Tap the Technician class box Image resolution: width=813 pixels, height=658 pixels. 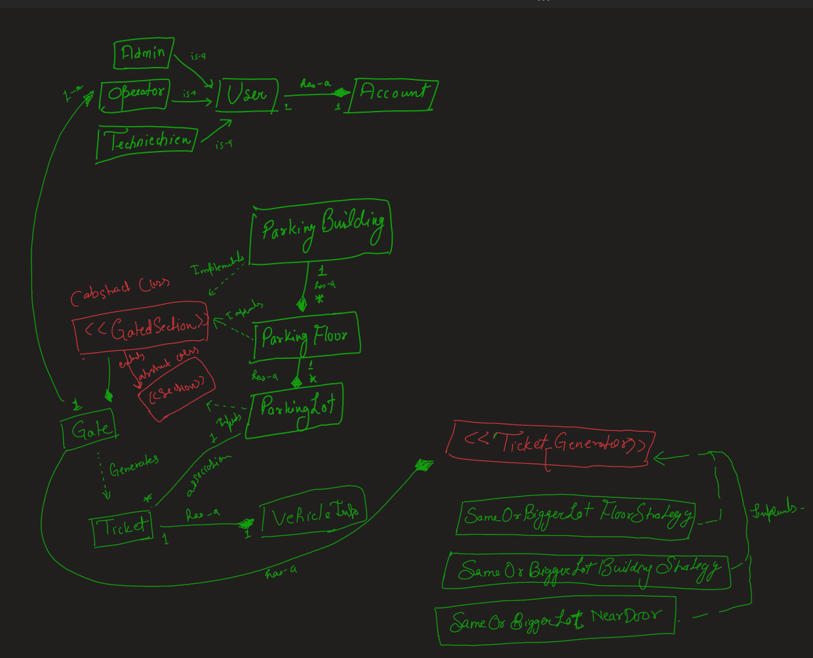coord(148,141)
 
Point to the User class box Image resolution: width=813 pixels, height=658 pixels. coord(247,95)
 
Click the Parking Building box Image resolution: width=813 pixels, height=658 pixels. coord(321,231)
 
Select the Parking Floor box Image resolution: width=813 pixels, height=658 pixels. coord(306,336)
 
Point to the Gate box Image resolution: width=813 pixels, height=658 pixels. coord(89,430)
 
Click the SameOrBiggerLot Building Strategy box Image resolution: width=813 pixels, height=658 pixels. coord(587,569)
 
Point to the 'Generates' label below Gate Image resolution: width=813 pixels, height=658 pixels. coord(134,466)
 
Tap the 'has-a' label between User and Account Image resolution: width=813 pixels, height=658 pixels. coord(315,84)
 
